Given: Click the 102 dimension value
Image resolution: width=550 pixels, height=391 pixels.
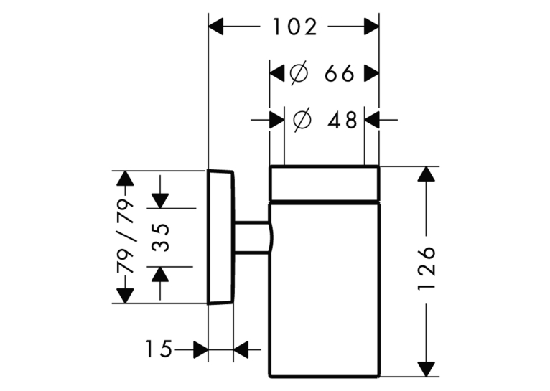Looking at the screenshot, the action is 294,27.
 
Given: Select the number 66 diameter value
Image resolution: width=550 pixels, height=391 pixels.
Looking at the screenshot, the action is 339,74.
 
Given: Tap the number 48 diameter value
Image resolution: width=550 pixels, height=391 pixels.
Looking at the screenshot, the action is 342,120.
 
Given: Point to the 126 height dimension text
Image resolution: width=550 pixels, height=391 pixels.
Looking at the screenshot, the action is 427,268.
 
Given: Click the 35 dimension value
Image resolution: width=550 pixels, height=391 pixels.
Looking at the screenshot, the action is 160,237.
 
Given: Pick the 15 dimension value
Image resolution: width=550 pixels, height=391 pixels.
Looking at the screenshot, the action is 159,349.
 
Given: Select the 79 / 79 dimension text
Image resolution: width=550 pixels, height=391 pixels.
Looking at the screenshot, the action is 126,237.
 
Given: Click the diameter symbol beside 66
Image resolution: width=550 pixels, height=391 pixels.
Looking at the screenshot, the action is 299,73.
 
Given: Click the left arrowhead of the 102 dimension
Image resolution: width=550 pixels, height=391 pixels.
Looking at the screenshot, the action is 215,27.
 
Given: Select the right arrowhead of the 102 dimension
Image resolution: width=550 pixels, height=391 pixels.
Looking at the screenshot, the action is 371,27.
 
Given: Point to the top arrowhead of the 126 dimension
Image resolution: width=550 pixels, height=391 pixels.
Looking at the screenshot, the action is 427,174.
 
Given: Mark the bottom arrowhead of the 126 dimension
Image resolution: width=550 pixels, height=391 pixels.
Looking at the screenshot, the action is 427,369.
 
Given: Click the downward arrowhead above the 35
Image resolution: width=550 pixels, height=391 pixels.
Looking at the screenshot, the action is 160,201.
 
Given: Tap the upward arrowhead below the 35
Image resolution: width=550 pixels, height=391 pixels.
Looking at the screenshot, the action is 160,274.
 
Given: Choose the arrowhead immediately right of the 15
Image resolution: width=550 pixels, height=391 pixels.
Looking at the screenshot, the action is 200,349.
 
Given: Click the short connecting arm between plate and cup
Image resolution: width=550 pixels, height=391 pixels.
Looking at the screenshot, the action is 252,237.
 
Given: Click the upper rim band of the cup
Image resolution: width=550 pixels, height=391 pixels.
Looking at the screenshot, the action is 325,183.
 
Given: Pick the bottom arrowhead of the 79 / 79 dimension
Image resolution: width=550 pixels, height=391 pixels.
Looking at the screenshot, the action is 125,296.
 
